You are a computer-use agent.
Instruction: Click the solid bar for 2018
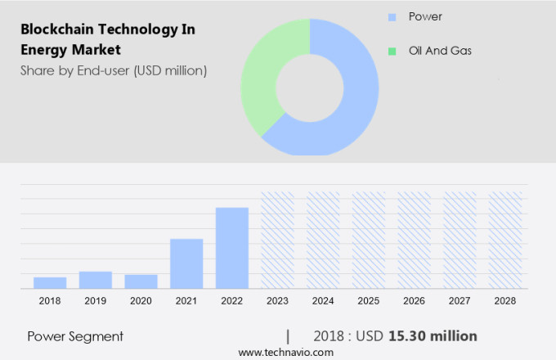click(50, 282)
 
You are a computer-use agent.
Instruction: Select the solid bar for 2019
click(96, 280)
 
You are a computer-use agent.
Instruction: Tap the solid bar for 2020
click(141, 281)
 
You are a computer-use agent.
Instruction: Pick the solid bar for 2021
click(186, 263)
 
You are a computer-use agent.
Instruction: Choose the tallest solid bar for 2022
click(232, 248)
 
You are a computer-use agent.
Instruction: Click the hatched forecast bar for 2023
click(277, 240)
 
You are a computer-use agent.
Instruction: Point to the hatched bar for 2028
click(504, 240)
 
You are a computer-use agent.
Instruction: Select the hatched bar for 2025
click(368, 240)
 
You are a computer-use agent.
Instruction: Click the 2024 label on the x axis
click(323, 301)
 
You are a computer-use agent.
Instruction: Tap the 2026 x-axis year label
click(414, 301)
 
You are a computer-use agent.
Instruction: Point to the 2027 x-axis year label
click(460, 301)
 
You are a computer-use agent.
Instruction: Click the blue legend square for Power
click(392, 16)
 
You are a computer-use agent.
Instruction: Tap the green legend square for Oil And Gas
click(392, 51)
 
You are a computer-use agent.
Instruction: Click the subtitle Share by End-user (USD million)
click(114, 70)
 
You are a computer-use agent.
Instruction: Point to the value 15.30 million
click(433, 336)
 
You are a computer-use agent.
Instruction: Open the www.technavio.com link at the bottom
click(285, 352)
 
